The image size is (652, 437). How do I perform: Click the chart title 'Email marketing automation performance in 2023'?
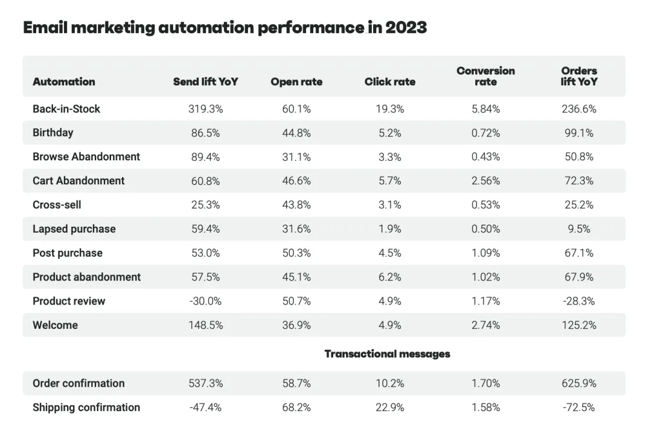[x=225, y=28]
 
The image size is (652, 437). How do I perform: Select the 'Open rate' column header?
[x=296, y=82]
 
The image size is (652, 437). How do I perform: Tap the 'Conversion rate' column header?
[x=485, y=76]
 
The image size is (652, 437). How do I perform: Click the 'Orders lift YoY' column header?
[x=579, y=76]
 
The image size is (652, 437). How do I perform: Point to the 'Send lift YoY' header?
[x=205, y=82]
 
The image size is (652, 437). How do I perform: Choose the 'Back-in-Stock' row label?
[x=66, y=109]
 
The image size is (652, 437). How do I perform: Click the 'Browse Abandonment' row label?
[x=86, y=157]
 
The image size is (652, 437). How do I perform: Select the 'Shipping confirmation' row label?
[x=86, y=407]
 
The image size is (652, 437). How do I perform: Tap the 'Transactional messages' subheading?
[x=387, y=354]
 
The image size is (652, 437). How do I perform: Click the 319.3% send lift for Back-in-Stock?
[x=205, y=109]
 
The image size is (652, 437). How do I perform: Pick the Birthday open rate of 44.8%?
[x=296, y=133]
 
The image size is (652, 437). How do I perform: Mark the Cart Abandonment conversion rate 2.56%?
[x=485, y=181]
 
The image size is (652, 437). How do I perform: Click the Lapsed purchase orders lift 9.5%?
[x=579, y=229]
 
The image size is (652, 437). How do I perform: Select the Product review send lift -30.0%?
[x=205, y=301]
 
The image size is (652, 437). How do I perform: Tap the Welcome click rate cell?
[x=390, y=325]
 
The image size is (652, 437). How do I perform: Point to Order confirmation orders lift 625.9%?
[x=579, y=383]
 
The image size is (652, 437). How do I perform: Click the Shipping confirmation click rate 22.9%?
[x=390, y=407]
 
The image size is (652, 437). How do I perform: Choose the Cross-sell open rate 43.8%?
[x=296, y=205]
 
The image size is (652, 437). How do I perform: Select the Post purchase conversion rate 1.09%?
[x=485, y=253]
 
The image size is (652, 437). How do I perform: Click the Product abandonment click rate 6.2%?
[x=390, y=277]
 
